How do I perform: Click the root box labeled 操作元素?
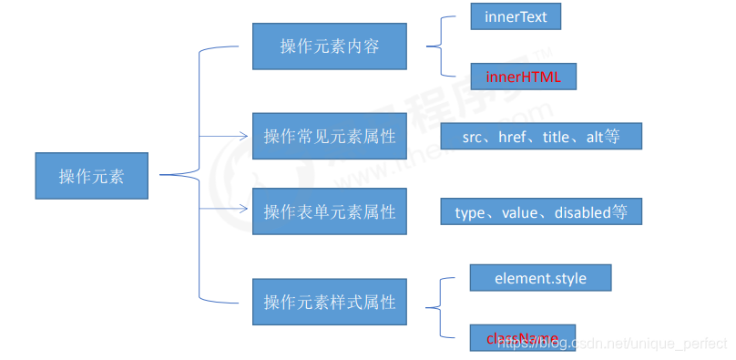tap(91, 176)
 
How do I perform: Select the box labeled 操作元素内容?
tap(329, 46)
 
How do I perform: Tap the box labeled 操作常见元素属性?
tap(329, 136)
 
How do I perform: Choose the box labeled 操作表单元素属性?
tap(329, 211)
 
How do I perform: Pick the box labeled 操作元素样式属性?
tap(329, 301)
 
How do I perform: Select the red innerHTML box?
tap(523, 77)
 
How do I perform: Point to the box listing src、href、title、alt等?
tap(541, 136)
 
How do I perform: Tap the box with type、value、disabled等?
tap(541, 211)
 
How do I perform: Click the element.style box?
tap(540, 277)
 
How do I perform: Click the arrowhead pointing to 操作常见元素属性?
tap(243, 136)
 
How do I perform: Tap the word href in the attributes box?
tap(514, 137)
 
